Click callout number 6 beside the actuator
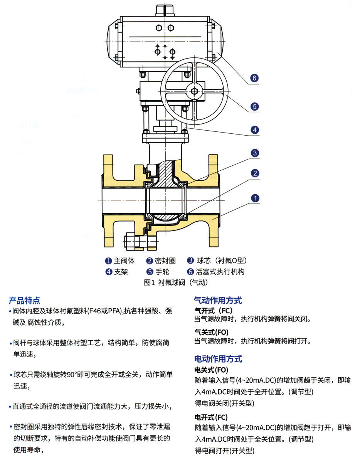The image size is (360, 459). (254, 78)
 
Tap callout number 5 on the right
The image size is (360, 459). (254, 106)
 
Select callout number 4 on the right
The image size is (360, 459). (254, 130)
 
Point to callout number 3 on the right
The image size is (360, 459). (254, 153)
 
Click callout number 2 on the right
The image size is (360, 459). (254, 173)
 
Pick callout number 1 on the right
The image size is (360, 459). (254, 198)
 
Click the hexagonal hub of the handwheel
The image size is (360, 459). (194, 91)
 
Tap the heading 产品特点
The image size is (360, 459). (25, 301)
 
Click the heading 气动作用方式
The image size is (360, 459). (218, 301)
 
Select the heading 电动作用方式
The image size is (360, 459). (218, 359)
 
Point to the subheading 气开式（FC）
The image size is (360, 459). (214, 310)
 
